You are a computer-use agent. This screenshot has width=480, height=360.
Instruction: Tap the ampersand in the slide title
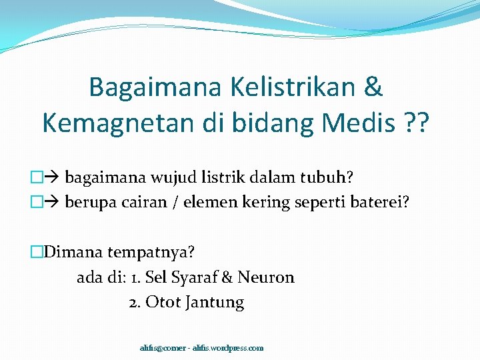click(374, 87)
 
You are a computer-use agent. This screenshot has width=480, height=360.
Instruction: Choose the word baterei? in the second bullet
click(380, 203)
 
